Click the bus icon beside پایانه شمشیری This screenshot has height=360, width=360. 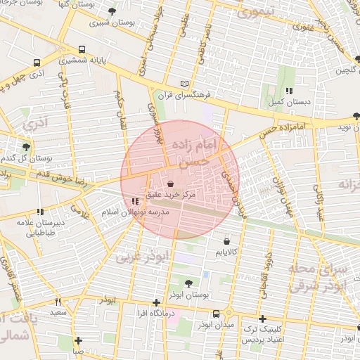[x=83, y=50]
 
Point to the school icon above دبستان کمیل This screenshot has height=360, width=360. [x=289, y=91]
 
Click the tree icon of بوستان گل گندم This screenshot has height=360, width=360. [x=26, y=146]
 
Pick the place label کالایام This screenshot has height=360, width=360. [x=226, y=252]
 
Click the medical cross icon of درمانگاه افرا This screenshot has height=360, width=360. [x=156, y=303]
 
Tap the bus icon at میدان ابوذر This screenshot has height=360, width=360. [x=229, y=314]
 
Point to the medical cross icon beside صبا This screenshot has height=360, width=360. [x=78, y=341]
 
